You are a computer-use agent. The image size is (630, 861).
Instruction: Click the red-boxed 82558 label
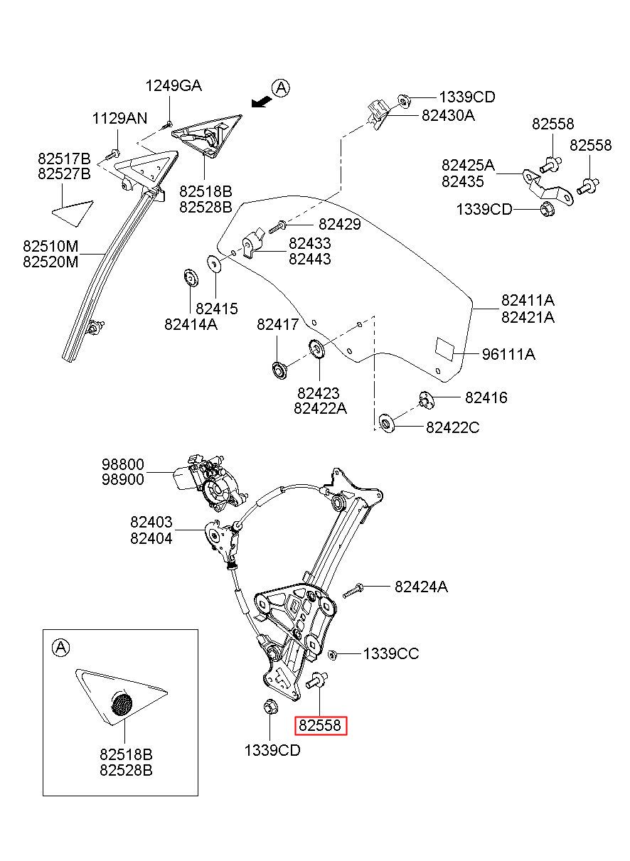click(x=320, y=725)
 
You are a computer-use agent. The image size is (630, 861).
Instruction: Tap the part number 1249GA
click(x=173, y=86)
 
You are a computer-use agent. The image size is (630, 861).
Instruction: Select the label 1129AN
click(x=119, y=119)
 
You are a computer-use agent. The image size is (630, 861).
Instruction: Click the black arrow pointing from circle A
click(x=261, y=102)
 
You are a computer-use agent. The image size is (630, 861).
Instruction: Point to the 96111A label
click(x=508, y=354)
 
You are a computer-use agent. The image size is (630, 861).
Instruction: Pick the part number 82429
click(x=340, y=225)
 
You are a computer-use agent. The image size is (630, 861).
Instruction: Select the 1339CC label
click(x=391, y=653)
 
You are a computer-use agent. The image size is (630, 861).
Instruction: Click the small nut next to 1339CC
click(x=333, y=654)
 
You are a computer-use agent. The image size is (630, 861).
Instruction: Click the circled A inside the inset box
click(x=60, y=648)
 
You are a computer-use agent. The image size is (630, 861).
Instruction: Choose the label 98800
click(x=122, y=464)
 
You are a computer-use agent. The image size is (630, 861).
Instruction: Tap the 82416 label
click(x=486, y=397)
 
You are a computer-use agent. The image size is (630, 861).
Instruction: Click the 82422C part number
click(x=453, y=427)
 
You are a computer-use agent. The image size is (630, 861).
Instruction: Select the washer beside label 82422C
click(x=385, y=423)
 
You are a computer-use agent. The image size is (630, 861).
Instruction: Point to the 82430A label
click(x=448, y=115)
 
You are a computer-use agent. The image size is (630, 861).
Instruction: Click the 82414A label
click(x=191, y=325)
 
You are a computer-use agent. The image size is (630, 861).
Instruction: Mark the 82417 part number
click(x=278, y=325)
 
